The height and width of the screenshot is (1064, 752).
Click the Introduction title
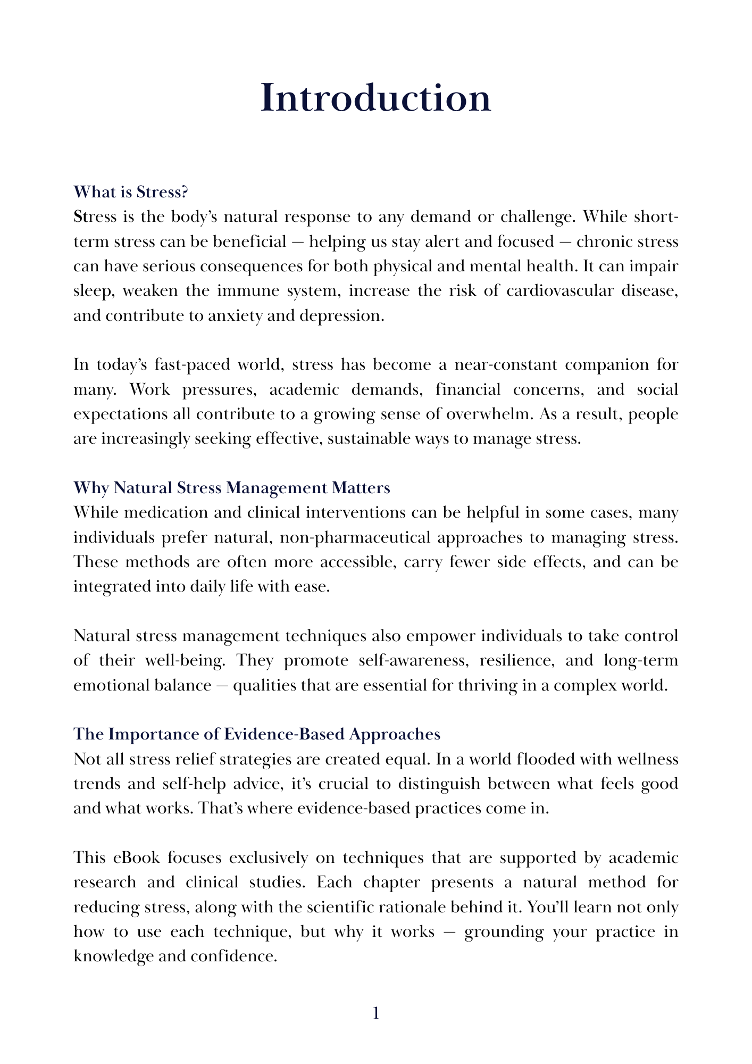(375, 99)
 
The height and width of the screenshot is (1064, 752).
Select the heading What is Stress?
(131, 192)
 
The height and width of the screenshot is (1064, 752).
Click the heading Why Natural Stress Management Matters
(232, 488)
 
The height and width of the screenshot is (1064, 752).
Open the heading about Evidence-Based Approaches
(257, 734)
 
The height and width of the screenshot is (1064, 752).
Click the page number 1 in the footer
(376, 1014)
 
